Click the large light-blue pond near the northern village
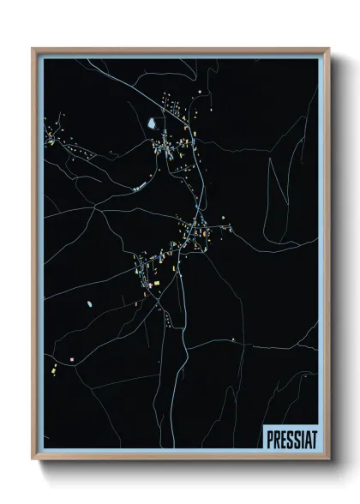pyautogui.click(x=152, y=123)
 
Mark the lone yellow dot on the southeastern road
pyautogui.click(x=231, y=340)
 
